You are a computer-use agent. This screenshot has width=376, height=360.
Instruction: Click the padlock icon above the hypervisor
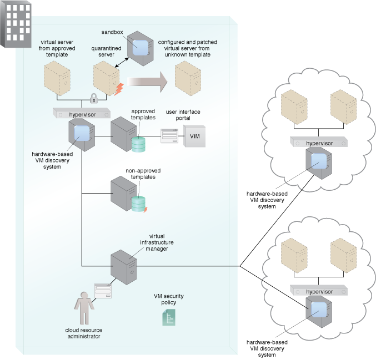point(94,98)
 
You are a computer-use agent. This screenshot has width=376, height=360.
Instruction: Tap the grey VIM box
point(194,136)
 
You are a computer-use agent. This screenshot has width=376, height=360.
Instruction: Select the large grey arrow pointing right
point(147,82)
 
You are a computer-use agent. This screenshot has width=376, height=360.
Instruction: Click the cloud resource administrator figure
point(84,308)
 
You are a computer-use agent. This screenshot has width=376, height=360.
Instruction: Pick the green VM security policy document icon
point(169,317)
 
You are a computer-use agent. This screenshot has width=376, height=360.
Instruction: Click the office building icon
point(16,24)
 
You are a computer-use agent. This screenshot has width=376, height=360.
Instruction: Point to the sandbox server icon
point(141,48)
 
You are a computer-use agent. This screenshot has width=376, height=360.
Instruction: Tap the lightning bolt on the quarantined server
point(119,89)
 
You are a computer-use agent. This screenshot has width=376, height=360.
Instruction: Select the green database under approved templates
point(138,144)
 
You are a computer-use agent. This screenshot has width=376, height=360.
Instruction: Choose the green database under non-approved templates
point(138,204)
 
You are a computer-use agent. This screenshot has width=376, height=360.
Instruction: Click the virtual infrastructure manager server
point(124,267)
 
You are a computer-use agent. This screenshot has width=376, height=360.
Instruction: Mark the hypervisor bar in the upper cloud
point(319,141)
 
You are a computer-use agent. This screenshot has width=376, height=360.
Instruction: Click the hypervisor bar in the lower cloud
point(319,290)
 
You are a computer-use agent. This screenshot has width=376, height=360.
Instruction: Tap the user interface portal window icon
point(169,136)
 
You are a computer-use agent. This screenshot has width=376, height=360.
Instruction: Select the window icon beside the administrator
point(103,291)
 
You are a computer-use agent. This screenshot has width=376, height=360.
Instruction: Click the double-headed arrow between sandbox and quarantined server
point(122,63)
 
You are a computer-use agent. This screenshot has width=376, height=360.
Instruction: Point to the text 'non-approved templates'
point(143,174)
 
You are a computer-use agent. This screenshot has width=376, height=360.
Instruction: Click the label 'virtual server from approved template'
point(57,48)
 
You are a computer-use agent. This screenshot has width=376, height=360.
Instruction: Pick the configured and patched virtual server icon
point(188,78)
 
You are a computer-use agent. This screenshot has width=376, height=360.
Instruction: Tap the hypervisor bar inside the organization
point(82,113)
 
